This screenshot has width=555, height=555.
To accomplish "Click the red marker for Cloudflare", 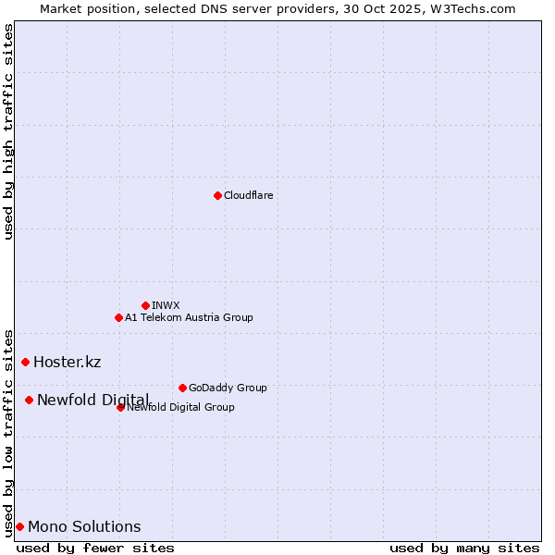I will (217, 195).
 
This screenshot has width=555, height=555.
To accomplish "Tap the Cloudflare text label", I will (248, 195).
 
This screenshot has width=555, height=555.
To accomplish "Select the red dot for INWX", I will (145, 305).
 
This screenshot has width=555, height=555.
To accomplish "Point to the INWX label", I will (166, 305).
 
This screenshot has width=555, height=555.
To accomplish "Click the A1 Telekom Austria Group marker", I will (118, 317).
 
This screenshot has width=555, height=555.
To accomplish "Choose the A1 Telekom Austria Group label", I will (189, 317).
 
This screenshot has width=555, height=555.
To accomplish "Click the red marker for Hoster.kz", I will (25, 362).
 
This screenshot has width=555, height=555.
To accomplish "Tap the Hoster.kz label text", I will (67, 362).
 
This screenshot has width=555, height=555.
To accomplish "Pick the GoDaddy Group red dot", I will (182, 388).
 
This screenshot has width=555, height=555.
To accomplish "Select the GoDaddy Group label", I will (228, 388).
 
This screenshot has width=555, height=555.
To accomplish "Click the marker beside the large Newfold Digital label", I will (29, 400).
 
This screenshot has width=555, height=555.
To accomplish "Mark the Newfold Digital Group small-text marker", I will (120, 407).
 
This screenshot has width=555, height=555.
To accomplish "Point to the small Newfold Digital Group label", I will (180, 407).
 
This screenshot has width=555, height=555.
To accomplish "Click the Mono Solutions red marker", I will (19, 526).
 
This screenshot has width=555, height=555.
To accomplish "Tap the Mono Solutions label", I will (84, 527).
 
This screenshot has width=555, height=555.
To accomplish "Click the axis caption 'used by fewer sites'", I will (95, 548).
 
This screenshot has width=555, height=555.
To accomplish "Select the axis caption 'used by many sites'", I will (464, 548).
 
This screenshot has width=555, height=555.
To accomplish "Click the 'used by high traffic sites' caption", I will (8, 131).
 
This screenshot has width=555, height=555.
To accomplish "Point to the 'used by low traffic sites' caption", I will (8, 432).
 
